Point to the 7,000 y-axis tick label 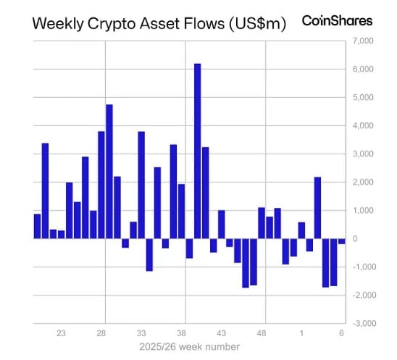[362, 41]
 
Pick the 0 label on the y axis [354, 238]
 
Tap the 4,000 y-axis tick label [362, 125]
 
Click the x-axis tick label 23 [62, 333]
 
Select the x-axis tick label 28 [102, 333]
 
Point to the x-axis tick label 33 [143, 333]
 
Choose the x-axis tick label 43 [223, 333]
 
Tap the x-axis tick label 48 [263, 333]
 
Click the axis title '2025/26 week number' [190, 347]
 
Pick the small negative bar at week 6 [342, 240]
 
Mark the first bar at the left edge [37, 226]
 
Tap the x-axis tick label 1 [302, 333]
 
